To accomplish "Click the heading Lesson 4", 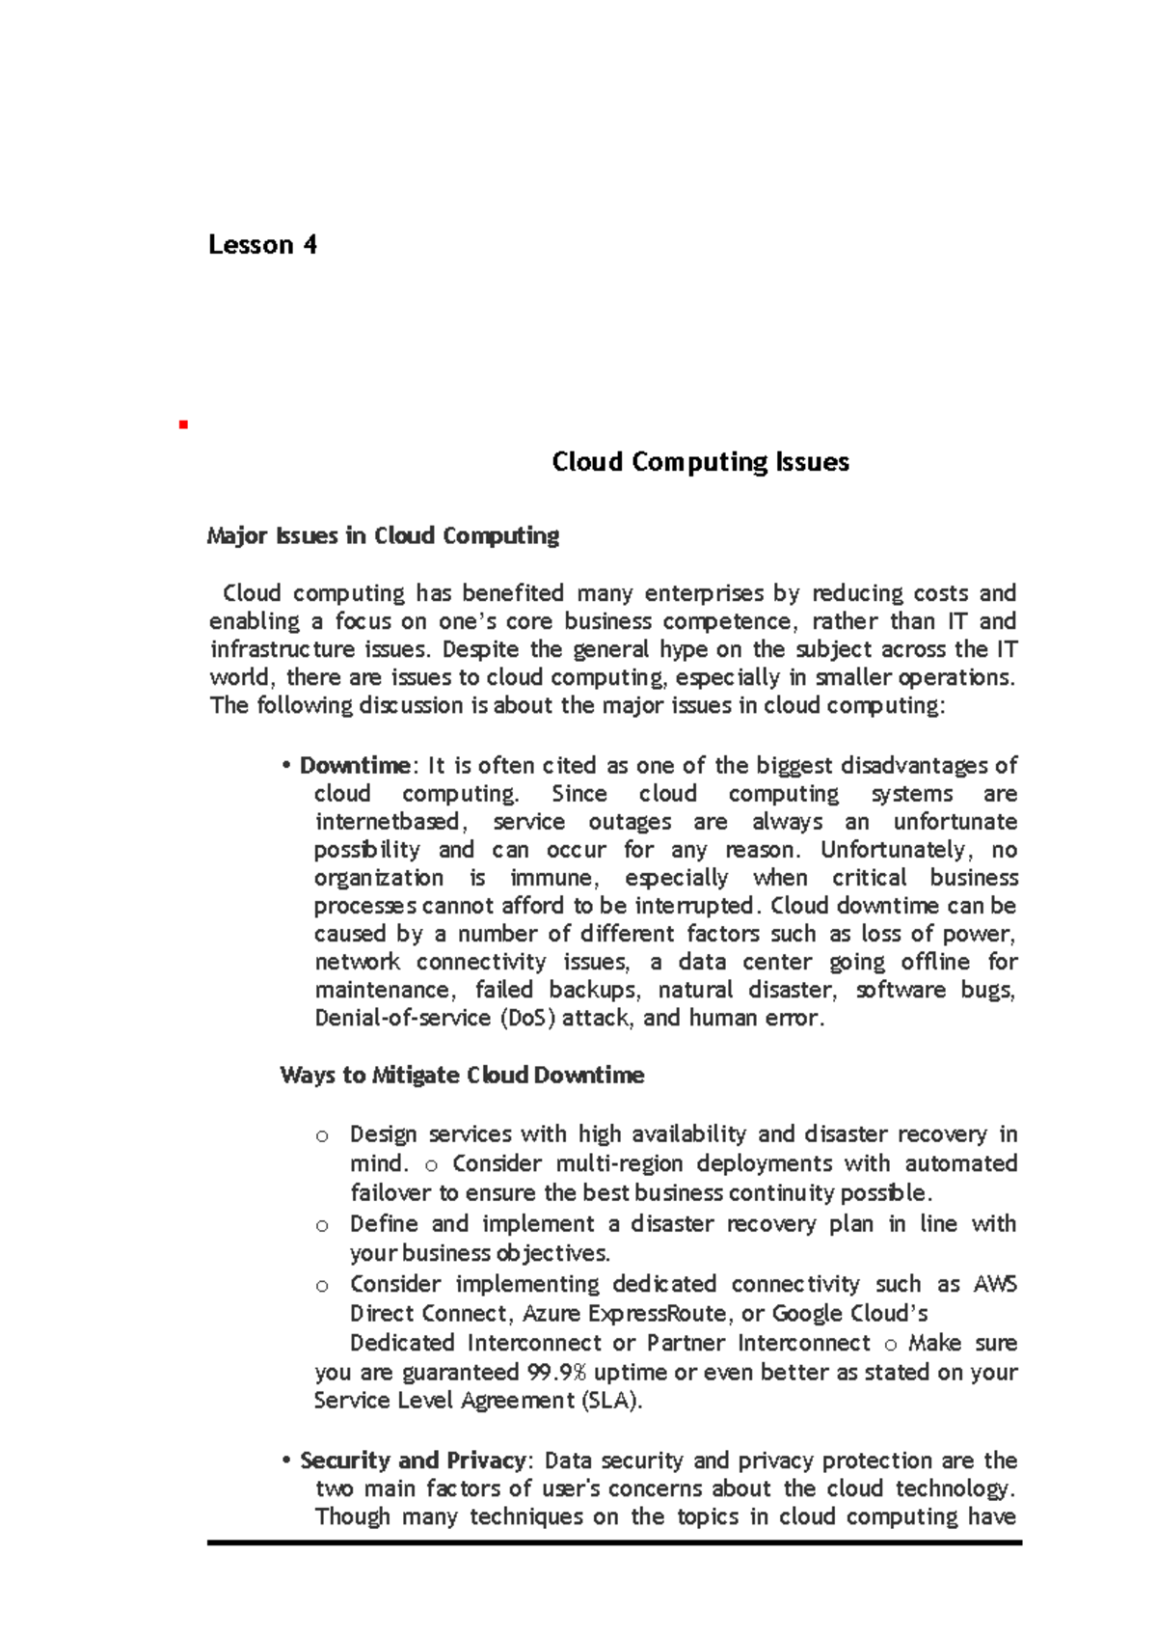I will click(262, 245).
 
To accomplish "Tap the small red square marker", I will click(181, 424).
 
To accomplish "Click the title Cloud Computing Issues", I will click(700, 462).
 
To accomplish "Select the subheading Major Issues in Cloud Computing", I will click(383, 535).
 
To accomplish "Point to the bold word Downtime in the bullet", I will click(355, 766).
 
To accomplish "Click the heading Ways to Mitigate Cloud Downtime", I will click(462, 1076).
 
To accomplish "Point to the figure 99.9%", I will click(556, 1372).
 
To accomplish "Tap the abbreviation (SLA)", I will click(611, 1401).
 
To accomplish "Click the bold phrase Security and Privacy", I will click(413, 1461).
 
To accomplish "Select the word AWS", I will click(995, 1285).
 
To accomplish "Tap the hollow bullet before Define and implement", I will click(322, 1226).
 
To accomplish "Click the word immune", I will click(553, 878).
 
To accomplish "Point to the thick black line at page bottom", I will click(614, 1543).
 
